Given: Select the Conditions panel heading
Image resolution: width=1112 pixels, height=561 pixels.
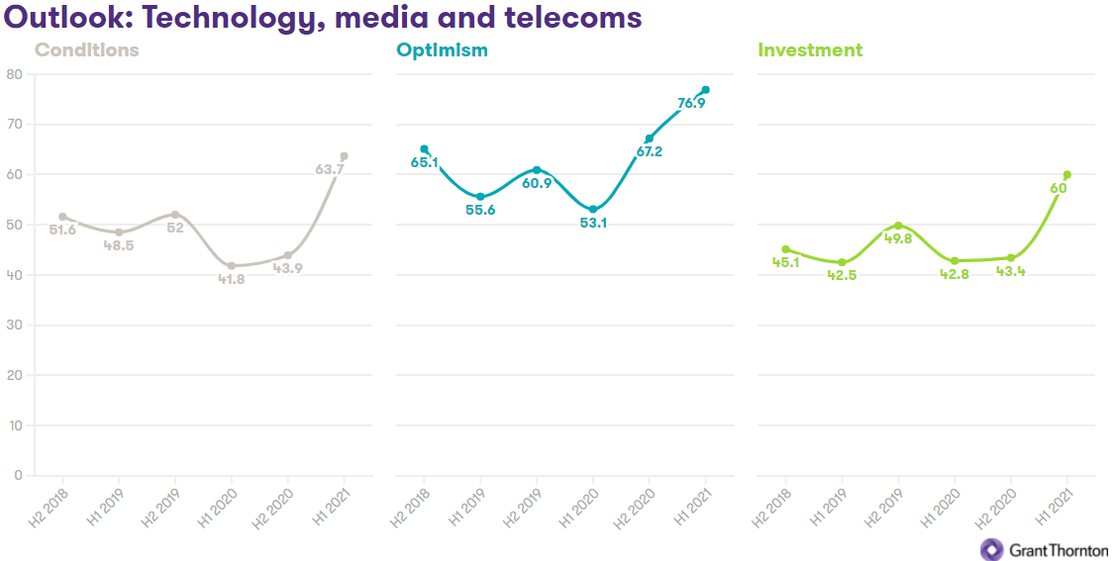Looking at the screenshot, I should click(x=86, y=49).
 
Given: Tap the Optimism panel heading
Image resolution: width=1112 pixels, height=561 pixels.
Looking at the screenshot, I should click(x=442, y=49).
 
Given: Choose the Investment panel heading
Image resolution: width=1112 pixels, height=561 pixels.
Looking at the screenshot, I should click(x=810, y=49).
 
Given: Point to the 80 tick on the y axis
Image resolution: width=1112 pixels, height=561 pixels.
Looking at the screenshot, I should click(x=14, y=74).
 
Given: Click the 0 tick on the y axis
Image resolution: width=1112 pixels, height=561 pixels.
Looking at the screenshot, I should click(x=18, y=475).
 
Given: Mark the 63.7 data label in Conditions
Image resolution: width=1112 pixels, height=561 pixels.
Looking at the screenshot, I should click(x=329, y=170).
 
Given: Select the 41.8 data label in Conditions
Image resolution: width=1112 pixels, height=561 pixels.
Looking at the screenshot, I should click(x=232, y=280).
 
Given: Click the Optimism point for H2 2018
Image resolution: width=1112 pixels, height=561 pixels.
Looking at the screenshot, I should click(x=424, y=149).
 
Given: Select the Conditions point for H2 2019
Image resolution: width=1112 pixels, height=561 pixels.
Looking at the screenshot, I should click(x=175, y=215).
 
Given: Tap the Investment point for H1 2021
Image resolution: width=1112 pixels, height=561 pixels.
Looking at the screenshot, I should click(x=1066, y=174).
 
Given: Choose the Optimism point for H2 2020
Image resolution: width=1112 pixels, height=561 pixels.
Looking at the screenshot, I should click(x=650, y=139).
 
